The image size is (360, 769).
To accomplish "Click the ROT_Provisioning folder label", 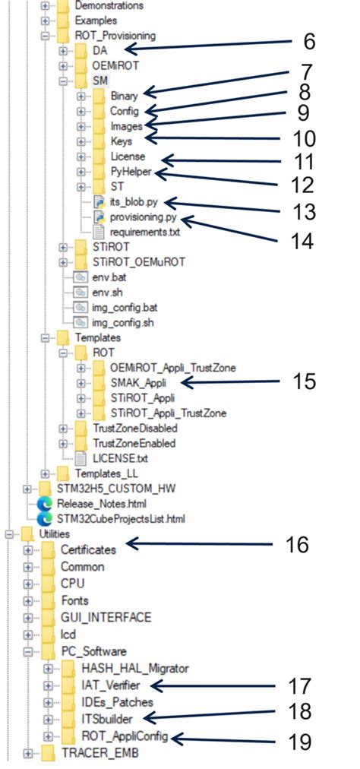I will pyautogui.click(x=115, y=35).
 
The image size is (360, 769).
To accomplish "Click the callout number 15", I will pyautogui.click(x=304, y=381).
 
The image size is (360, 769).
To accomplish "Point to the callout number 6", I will pyautogui.click(x=308, y=43).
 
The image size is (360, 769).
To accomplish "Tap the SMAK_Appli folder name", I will pyautogui.click(x=138, y=381).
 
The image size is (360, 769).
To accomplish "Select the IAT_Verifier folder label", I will pyautogui.click(x=110, y=685).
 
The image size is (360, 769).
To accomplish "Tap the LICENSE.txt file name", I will pyautogui.click(x=121, y=458).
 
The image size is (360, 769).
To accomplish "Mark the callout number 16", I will pyautogui.click(x=298, y=544).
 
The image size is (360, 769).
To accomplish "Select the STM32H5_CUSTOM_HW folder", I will pyautogui.click(x=110, y=487).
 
